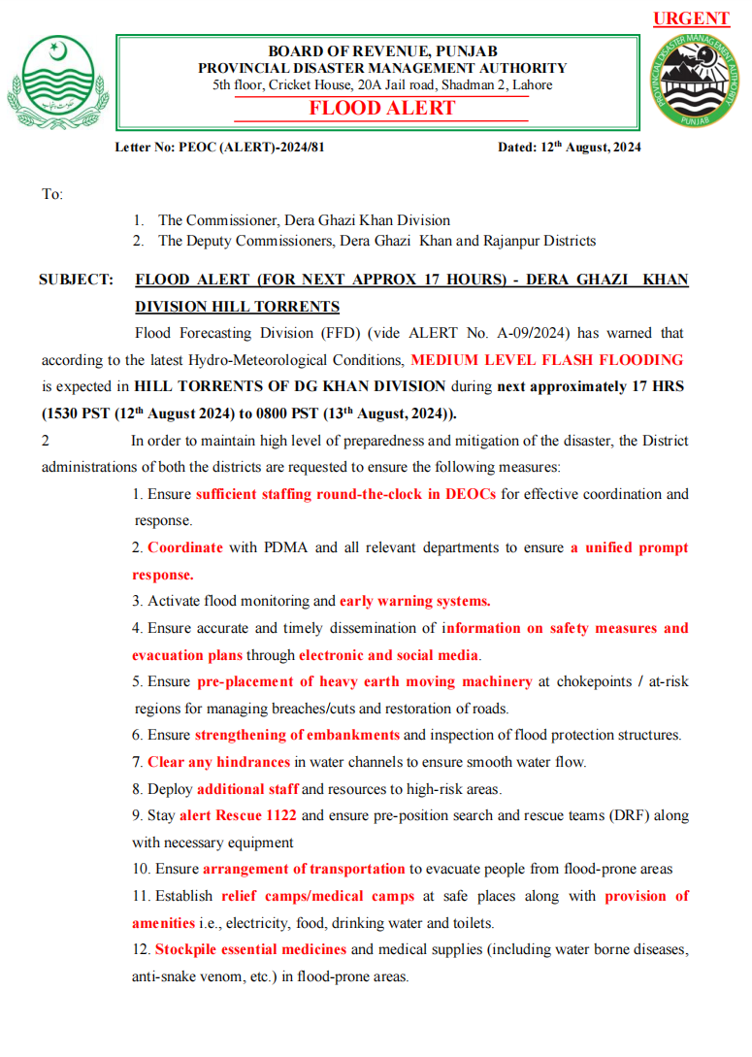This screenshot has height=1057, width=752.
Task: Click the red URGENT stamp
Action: tap(691, 18)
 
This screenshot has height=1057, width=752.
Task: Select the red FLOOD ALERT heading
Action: tap(382, 108)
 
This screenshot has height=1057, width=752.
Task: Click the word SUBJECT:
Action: tap(76, 280)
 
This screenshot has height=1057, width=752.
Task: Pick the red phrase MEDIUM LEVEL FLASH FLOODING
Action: tap(546, 359)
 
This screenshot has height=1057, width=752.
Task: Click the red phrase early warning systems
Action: tap(414, 601)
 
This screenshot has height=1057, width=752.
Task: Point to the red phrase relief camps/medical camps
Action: tap(317, 896)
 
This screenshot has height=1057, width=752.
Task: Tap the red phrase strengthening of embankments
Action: tap(297, 735)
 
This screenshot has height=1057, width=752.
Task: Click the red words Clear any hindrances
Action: tap(218, 762)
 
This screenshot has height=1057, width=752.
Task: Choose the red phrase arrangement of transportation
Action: tap(304, 869)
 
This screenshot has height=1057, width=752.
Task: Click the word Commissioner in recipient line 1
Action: tap(229, 220)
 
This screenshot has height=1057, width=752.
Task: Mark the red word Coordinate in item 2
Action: tap(185, 547)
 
